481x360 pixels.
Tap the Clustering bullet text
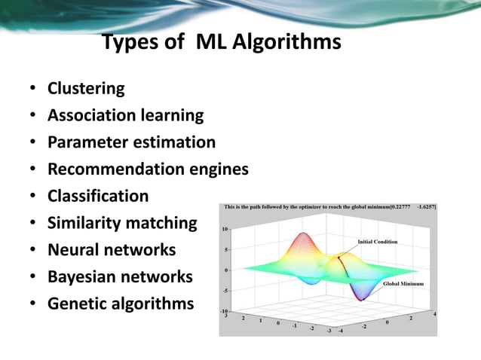86,89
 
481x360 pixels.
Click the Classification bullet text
98,197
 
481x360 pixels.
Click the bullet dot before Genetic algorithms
33,305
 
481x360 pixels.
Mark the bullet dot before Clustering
33,90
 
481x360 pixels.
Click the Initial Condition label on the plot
377,242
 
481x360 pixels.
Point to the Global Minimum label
403,284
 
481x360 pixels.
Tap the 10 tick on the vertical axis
225,229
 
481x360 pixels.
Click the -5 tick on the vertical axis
225,290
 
